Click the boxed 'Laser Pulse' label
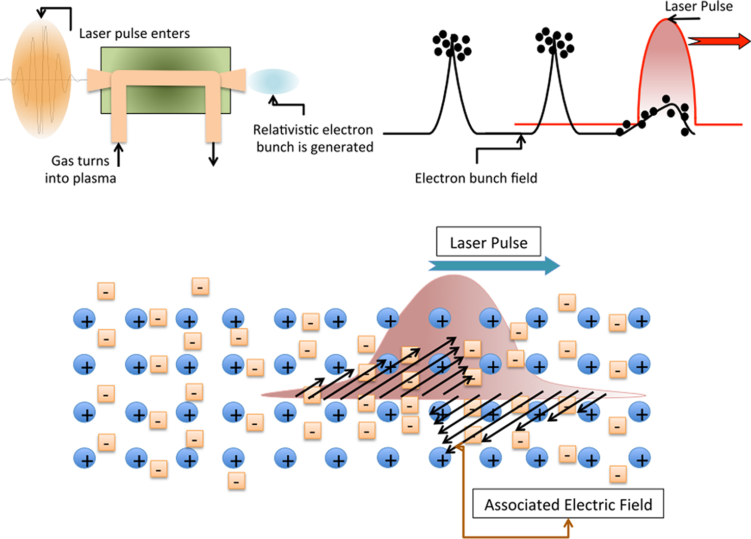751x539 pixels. [x=489, y=241]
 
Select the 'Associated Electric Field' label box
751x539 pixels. [x=568, y=503]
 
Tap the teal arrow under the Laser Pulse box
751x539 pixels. [x=494, y=266]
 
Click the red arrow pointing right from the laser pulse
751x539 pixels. [x=719, y=41]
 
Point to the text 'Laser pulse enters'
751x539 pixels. [x=135, y=34]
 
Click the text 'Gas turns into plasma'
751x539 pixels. [x=81, y=169]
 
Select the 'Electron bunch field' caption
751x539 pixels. [x=476, y=178]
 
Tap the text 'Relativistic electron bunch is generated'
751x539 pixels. [x=313, y=138]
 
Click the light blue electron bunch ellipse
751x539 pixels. [x=273, y=81]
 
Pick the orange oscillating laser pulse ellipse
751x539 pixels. [x=42, y=78]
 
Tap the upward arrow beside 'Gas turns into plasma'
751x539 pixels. [x=118, y=155]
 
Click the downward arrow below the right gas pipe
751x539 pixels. [x=213, y=155]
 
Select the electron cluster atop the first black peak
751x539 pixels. [x=451, y=45]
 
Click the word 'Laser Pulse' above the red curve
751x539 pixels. [x=699, y=6]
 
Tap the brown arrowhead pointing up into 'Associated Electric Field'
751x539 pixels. [x=568, y=524]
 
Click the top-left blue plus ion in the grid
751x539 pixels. [x=85, y=319]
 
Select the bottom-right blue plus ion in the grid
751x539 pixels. [x=639, y=458]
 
